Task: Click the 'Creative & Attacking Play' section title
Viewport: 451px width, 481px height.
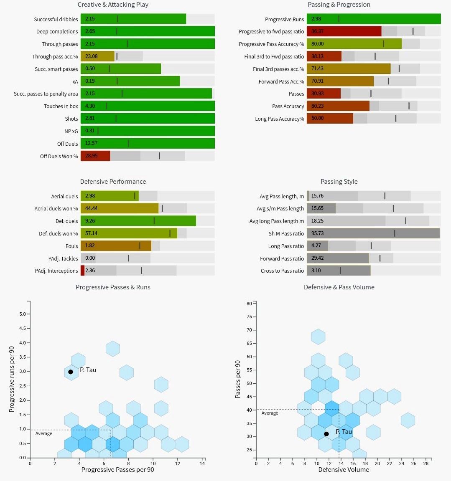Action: [113, 5]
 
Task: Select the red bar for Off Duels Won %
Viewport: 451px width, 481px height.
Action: [95, 156]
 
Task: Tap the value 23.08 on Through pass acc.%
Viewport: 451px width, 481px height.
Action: [91, 56]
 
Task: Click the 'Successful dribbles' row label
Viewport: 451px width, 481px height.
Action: [56, 19]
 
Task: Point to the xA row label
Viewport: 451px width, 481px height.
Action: [75, 82]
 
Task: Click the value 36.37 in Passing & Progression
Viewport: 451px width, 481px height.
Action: [317, 31]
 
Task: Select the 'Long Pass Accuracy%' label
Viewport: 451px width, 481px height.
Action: [279, 119]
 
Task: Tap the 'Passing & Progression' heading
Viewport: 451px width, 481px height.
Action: [339, 5]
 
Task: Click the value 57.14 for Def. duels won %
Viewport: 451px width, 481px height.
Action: [91, 233]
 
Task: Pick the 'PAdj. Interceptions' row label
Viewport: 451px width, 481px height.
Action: [56, 271]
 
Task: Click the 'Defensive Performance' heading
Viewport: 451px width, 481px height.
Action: [113, 182]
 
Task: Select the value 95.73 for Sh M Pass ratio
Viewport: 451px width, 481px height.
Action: [317, 233]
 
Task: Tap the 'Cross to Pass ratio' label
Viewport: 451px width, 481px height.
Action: [282, 271]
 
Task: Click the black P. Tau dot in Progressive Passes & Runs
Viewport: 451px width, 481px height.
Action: [71, 372]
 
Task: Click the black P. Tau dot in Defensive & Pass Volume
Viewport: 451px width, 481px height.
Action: [326, 434]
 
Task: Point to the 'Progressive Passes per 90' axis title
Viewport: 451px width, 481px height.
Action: [117, 470]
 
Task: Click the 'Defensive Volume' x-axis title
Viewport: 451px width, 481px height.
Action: [344, 470]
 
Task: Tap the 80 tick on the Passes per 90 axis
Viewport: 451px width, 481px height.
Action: [249, 304]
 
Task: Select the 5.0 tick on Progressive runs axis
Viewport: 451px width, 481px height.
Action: [22, 314]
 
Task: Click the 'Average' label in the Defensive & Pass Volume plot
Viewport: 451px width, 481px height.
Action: [270, 413]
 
